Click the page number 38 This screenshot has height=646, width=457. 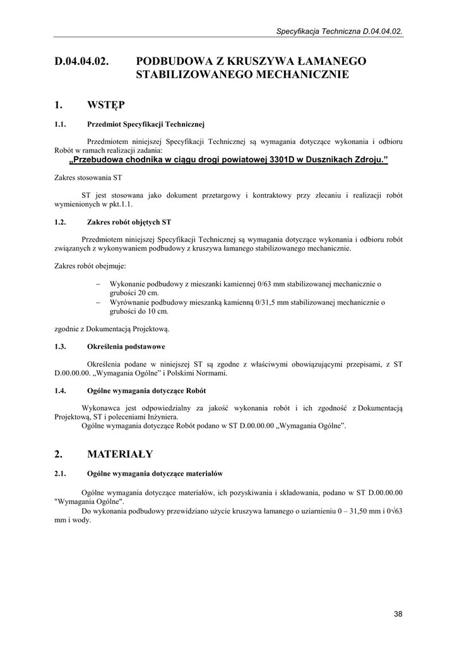(398, 614)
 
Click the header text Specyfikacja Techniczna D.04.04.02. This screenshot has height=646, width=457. (340, 30)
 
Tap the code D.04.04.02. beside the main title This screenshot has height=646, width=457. (82, 61)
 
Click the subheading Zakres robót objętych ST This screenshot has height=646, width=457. (129, 222)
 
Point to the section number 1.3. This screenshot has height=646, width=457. (61, 346)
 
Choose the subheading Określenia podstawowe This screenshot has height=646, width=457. (126, 346)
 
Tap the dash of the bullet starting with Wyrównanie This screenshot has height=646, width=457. (98, 302)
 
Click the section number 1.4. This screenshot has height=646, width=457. (61, 391)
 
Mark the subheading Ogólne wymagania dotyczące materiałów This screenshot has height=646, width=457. (155, 473)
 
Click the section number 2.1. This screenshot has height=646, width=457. (61, 473)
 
